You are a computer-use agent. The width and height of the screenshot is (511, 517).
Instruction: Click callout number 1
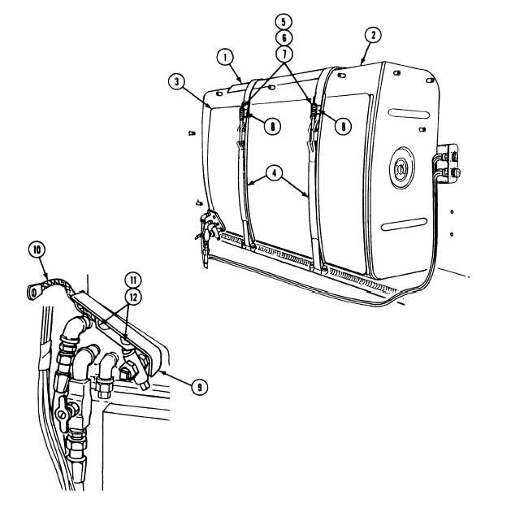click(x=225, y=58)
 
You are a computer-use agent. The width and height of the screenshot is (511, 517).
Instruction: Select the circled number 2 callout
click(x=373, y=35)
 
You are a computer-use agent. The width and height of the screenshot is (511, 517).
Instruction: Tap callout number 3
click(x=177, y=82)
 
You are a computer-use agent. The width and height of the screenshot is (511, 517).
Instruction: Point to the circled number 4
click(x=275, y=173)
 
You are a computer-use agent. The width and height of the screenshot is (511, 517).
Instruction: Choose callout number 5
click(x=284, y=23)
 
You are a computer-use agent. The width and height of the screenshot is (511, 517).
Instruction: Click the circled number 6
click(x=284, y=38)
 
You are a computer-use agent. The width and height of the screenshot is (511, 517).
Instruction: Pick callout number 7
click(x=284, y=54)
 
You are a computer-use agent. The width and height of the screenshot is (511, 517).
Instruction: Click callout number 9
click(x=200, y=387)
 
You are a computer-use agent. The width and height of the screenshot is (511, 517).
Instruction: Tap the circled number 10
click(x=37, y=250)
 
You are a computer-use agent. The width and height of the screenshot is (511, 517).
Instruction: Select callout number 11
click(x=133, y=280)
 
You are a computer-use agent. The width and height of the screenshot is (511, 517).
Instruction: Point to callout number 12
click(x=133, y=298)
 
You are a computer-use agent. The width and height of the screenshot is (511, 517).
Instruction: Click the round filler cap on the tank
click(x=402, y=167)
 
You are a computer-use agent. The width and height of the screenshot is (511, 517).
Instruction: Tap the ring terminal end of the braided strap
click(x=33, y=292)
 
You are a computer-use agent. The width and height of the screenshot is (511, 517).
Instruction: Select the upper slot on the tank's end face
click(x=409, y=114)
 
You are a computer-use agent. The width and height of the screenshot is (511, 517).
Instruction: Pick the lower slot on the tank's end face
click(x=405, y=224)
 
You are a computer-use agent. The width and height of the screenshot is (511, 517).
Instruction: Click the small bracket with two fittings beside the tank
click(x=448, y=164)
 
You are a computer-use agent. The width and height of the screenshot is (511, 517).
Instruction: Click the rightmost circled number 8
click(x=343, y=126)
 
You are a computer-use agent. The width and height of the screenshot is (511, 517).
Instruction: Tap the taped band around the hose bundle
click(x=45, y=358)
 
